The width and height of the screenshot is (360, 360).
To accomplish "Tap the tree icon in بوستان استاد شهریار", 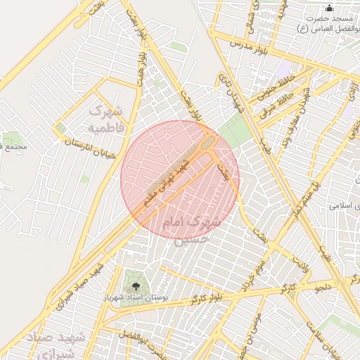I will [134, 285].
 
